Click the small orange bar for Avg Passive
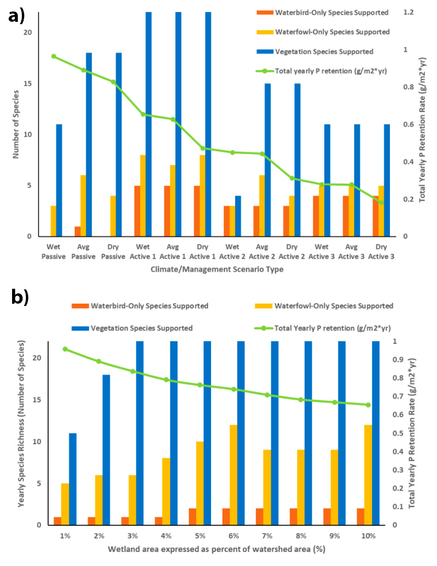click(x=77, y=231)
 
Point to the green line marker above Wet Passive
click(x=53, y=56)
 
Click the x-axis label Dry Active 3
click(x=381, y=251)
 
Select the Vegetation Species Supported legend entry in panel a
click(x=324, y=51)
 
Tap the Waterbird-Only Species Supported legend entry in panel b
click(x=140, y=307)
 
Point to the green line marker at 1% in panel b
click(x=65, y=349)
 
